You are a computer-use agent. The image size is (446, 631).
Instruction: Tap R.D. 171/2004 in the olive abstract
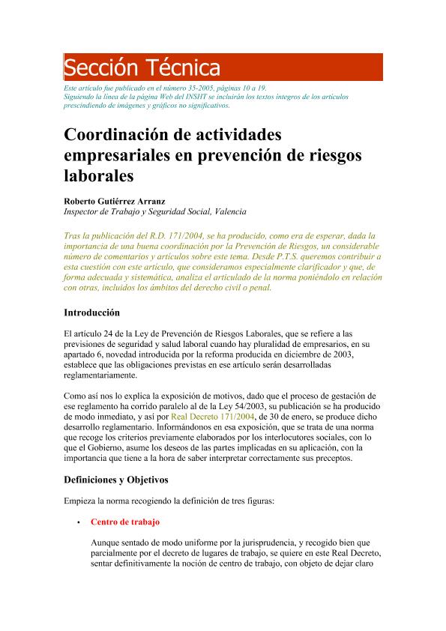pos(169,235)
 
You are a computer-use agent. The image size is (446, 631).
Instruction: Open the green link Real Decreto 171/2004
pos(214,416)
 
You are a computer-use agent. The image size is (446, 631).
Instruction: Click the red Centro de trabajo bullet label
pos(124,521)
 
